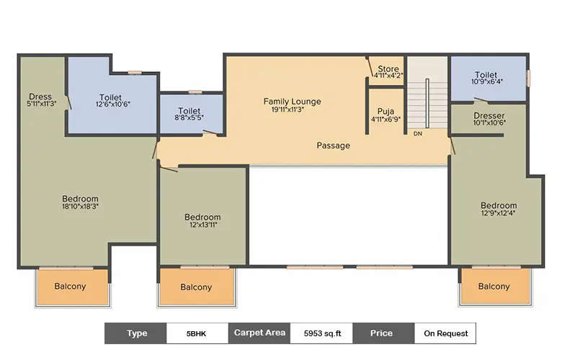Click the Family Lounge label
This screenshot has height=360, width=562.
(292, 102)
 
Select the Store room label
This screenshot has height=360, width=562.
(388, 70)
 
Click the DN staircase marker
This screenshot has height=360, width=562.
(417, 134)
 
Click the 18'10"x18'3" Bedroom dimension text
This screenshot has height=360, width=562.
(80, 207)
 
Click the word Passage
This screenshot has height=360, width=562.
(334, 145)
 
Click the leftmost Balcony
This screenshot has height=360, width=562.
(71, 287)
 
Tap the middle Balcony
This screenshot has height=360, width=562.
(196, 287)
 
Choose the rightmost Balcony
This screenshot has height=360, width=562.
(494, 287)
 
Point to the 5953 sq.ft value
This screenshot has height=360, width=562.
(322, 333)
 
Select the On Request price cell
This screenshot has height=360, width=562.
(445, 333)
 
